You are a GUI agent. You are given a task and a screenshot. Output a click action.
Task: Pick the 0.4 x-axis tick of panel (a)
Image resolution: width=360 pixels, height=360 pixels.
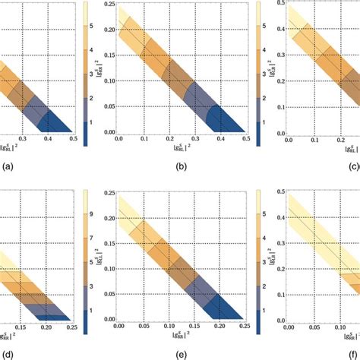[48, 140]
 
